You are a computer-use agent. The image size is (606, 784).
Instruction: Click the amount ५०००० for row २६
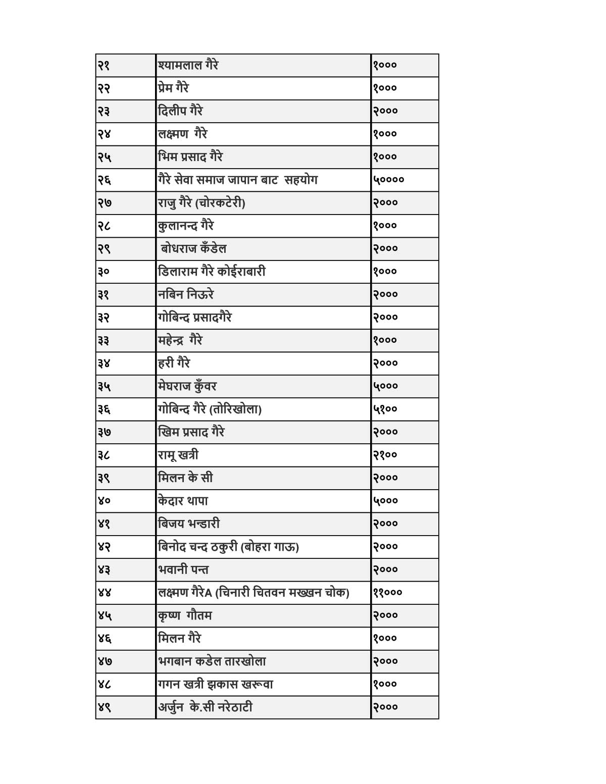point(389,180)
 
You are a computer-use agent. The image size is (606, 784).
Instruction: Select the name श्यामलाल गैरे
point(188,65)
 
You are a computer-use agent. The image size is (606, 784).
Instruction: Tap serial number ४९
point(104,708)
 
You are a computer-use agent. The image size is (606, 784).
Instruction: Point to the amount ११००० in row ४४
point(387,593)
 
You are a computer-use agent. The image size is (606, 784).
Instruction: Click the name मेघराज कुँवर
point(187,387)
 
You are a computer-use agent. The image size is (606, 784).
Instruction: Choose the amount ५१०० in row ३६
point(385,409)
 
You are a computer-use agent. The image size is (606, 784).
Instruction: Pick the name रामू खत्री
point(178,455)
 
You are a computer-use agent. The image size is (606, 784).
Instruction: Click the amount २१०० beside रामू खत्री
point(385,455)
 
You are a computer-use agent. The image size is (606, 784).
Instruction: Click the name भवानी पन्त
point(183,570)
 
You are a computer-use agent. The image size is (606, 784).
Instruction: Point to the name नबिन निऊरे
point(186,294)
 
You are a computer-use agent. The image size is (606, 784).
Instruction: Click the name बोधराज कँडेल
point(193,249)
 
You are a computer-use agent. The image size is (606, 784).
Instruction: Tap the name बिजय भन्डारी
point(189,524)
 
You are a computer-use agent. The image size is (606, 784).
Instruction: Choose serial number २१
point(104,66)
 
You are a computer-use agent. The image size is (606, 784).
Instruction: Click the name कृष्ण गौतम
point(185,616)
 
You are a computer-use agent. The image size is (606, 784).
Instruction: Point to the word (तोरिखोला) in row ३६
point(235,409)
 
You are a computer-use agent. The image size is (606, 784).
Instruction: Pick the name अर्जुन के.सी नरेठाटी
point(205,708)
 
